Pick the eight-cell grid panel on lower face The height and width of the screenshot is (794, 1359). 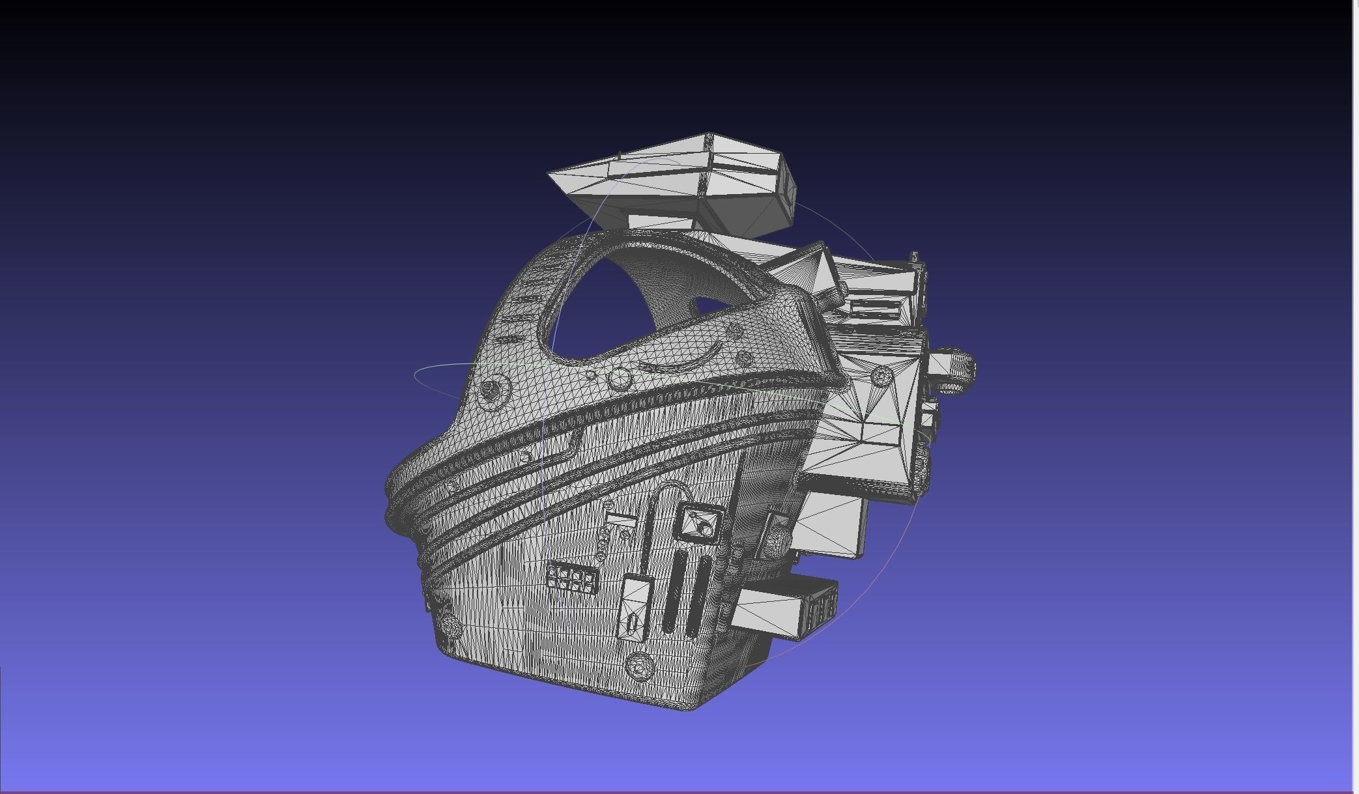pyautogui.click(x=572, y=578)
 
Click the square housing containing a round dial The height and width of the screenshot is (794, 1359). pyautogui.click(x=700, y=523)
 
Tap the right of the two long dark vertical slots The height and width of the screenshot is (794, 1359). pyautogui.click(x=698, y=596)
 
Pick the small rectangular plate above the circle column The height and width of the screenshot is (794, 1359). pyautogui.click(x=621, y=521)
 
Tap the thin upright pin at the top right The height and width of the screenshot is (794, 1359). pyautogui.click(x=915, y=258)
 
